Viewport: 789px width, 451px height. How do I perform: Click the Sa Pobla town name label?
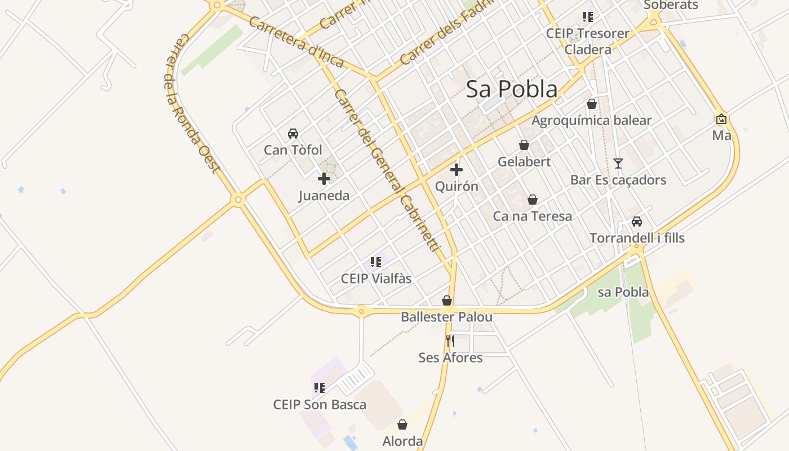pos(512,89)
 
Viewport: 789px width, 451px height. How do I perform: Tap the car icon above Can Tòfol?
pos(293,134)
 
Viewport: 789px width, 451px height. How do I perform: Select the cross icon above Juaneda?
pos(324,179)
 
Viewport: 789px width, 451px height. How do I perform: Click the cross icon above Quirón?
pos(456,169)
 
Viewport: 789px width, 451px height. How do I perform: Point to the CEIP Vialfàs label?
pos(376,278)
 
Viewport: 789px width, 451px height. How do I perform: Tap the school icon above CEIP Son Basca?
pos(320,388)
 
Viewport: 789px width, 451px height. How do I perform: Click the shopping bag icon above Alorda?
pos(402,425)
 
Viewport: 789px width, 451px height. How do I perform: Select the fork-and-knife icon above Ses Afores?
pos(450,341)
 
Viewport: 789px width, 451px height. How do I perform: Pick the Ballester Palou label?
pos(446,317)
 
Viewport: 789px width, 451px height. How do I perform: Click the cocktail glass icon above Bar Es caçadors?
pos(618,163)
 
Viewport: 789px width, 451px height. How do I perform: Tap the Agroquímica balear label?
pos(591,121)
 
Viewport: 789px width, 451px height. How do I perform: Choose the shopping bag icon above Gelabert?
pos(524,145)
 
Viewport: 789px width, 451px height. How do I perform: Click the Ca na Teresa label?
pos(533,216)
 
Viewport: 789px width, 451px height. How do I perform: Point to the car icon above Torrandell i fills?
pos(637,222)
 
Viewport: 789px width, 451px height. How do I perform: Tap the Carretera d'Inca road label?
pos(295,42)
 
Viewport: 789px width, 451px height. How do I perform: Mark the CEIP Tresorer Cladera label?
pos(588,41)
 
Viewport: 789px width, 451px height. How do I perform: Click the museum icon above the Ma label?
pos(721,119)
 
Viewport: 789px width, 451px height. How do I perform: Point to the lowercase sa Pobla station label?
pos(623,292)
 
